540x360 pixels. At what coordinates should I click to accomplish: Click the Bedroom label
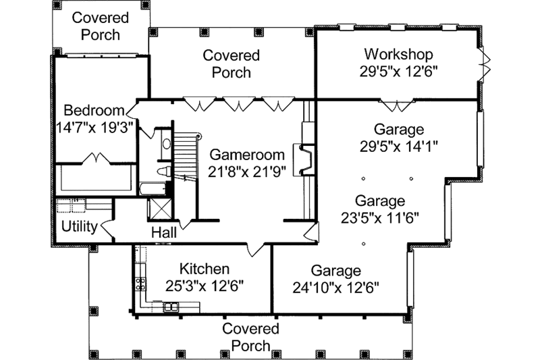click(x=94, y=110)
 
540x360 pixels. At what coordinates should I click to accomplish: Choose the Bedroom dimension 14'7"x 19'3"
click(x=94, y=127)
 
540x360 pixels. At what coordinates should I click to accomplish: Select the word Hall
click(x=164, y=232)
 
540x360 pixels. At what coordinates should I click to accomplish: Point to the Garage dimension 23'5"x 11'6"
click(x=379, y=217)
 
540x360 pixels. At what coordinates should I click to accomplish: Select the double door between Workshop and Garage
click(x=394, y=105)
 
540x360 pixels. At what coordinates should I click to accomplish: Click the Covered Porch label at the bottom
click(x=250, y=337)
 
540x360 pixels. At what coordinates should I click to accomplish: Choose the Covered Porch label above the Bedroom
click(x=96, y=26)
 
